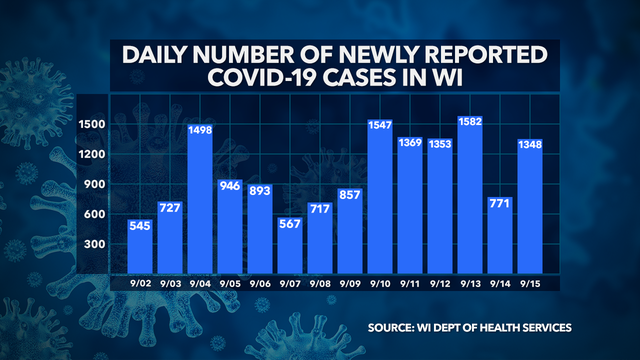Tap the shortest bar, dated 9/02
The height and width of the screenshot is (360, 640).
pos(141,245)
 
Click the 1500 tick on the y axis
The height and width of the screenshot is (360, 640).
pos(94,123)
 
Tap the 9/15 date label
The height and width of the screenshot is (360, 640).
pos(531,283)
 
